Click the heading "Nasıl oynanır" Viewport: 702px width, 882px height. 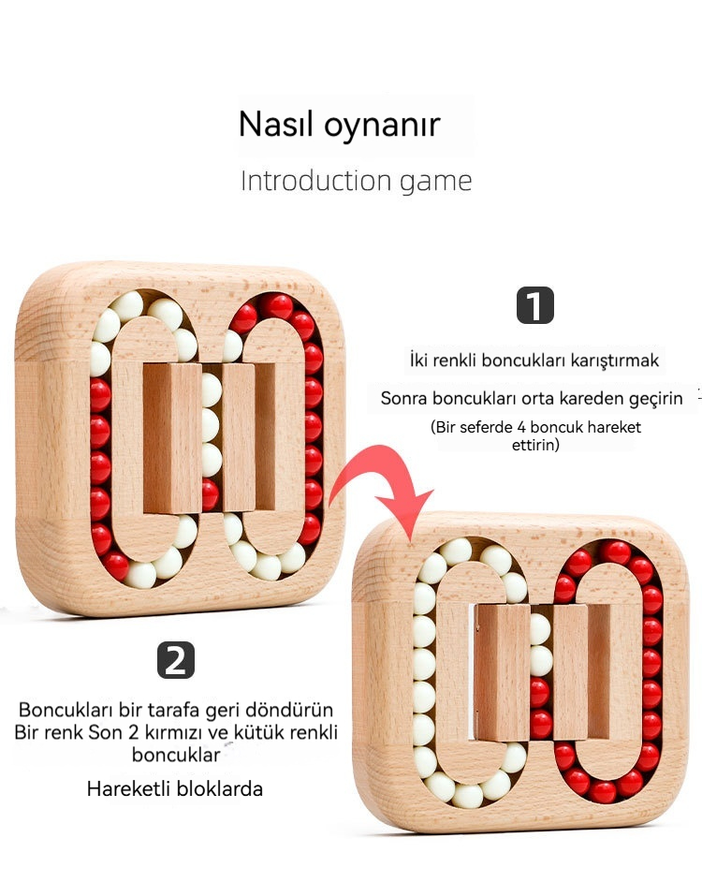point(339,125)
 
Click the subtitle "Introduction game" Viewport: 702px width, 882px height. point(356,181)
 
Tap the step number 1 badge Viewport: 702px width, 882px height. point(535,305)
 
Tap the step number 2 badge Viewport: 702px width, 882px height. point(176,660)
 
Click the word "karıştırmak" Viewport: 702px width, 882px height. point(614,360)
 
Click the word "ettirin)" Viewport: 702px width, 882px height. point(535,445)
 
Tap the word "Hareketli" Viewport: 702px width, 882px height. point(128,788)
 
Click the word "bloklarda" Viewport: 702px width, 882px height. point(219,788)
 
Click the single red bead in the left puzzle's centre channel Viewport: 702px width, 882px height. point(210,494)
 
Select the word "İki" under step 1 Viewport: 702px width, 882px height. point(418,360)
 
